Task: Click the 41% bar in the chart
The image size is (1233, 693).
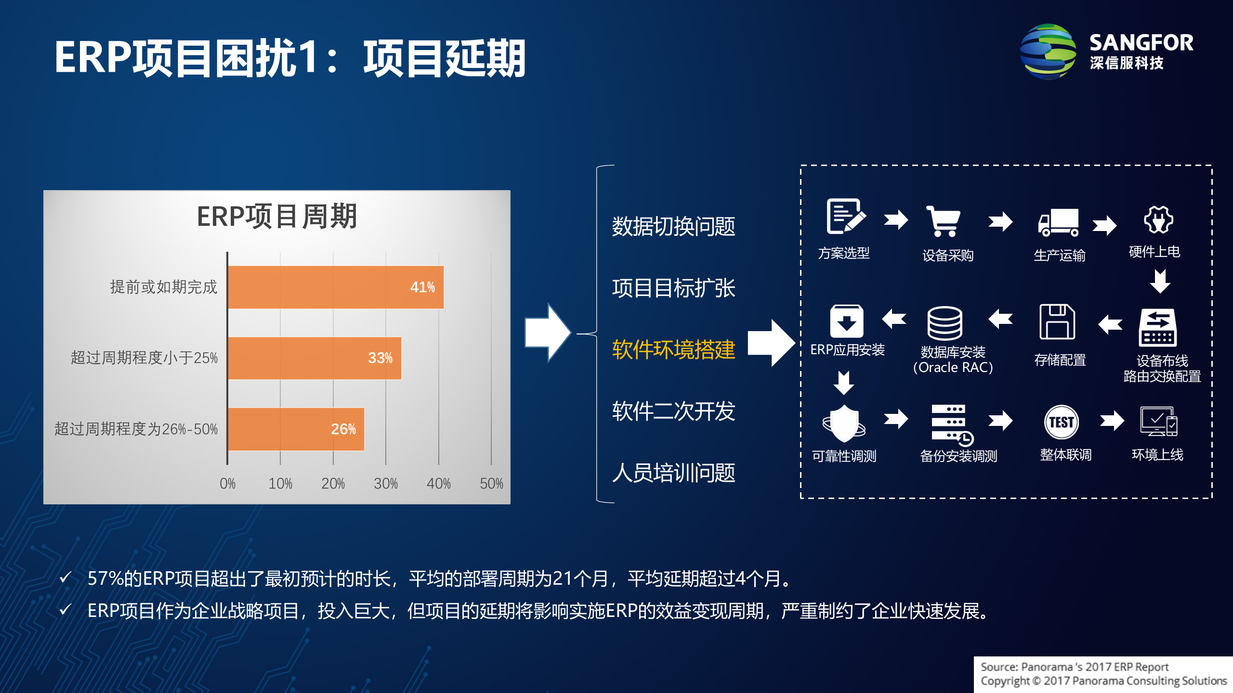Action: pyautogui.click(x=336, y=287)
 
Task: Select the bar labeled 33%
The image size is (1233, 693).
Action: pyautogui.click(x=315, y=358)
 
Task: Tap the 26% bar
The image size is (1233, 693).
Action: pyautogui.click(x=296, y=429)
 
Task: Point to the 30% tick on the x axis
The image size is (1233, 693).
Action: pyautogui.click(x=385, y=483)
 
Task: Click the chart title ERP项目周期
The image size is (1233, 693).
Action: pyautogui.click(x=277, y=217)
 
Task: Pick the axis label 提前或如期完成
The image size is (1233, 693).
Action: pyautogui.click(x=164, y=287)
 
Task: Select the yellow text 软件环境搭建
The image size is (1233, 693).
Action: pyautogui.click(x=673, y=349)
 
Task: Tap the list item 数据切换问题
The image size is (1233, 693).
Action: pyautogui.click(x=673, y=226)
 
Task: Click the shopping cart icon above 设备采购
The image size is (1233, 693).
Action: pyautogui.click(x=944, y=221)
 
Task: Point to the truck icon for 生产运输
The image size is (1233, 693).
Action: pyautogui.click(x=1058, y=222)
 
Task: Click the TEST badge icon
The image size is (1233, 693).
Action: pyautogui.click(x=1061, y=423)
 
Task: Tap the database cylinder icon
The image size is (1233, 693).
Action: pyautogui.click(x=944, y=323)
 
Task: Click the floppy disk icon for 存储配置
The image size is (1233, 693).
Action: pyautogui.click(x=1057, y=322)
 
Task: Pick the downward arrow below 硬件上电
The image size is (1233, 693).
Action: pyautogui.click(x=1160, y=281)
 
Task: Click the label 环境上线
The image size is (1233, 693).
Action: pyautogui.click(x=1157, y=455)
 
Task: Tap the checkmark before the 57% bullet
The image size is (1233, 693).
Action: pyautogui.click(x=66, y=577)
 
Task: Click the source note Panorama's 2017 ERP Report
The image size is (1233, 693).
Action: pyautogui.click(x=1074, y=667)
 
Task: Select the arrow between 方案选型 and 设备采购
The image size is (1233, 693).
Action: pyautogui.click(x=896, y=220)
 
